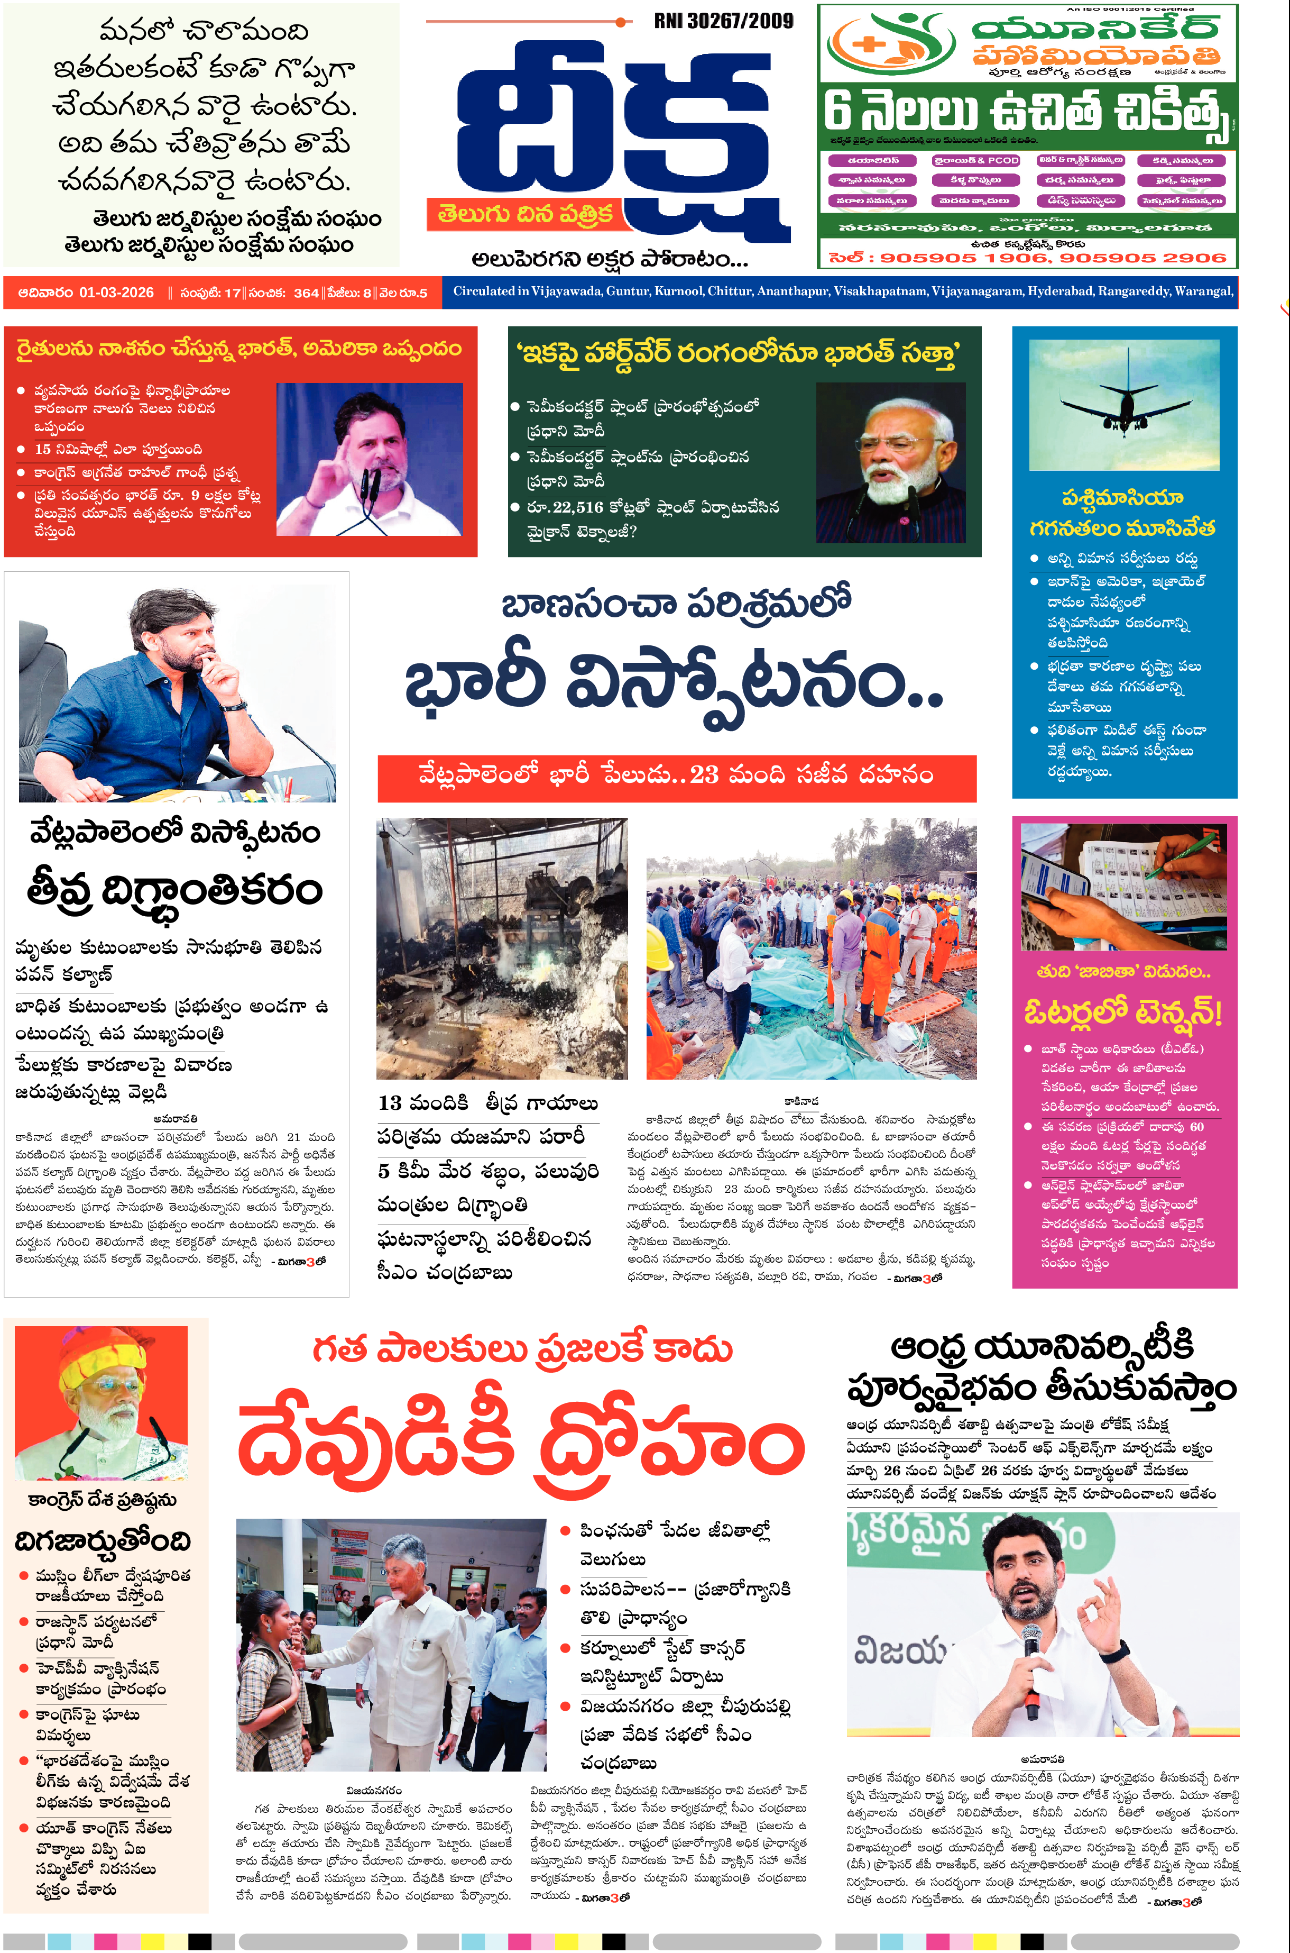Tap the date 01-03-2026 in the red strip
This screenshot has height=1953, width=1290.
click(x=116, y=293)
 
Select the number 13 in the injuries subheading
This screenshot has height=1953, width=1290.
click(x=390, y=1103)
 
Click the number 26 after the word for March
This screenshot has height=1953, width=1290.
click(x=892, y=1471)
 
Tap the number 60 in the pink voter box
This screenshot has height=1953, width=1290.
click(x=1196, y=1127)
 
